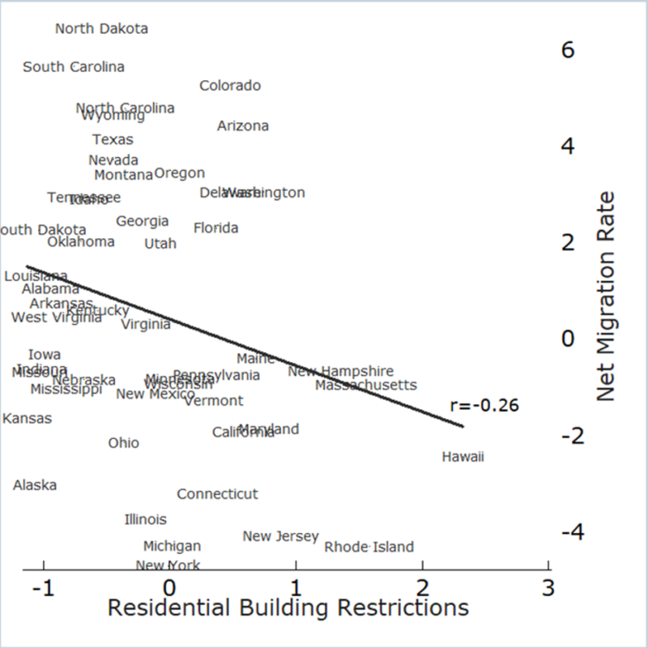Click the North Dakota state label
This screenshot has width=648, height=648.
click(x=102, y=29)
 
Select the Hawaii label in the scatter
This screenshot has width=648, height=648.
click(x=463, y=458)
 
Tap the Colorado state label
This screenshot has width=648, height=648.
click(x=230, y=86)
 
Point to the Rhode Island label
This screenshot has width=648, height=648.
click(x=369, y=548)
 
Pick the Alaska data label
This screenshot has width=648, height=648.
click(x=35, y=485)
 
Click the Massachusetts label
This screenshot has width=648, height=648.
click(x=366, y=386)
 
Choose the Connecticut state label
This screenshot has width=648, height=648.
click(x=217, y=494)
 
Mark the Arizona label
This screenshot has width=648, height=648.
click(x=243, y=126)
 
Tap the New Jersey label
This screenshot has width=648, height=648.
click(x=280, y=537)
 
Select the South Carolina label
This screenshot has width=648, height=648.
click(x=74, y=67)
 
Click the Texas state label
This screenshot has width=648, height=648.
click(x=113, y=140)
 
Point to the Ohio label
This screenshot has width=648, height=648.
click(x=124, y=443)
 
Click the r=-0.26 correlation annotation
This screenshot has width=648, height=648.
click(x=485, y=406)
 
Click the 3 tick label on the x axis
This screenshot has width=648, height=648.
click(x=548, y=586)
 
